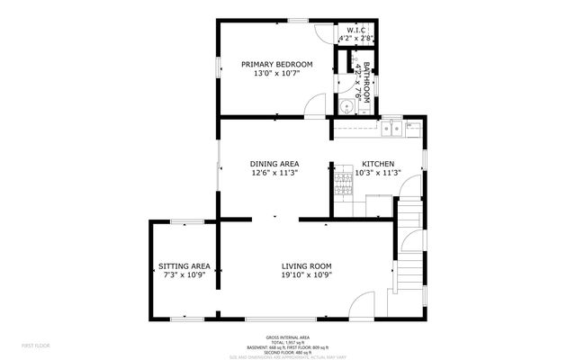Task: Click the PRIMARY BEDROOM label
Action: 276,64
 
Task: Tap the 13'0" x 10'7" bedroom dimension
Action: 276,74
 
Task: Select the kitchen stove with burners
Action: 343,184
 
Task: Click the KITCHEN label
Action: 376,163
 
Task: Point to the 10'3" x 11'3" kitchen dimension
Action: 376,173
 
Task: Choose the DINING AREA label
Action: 274,163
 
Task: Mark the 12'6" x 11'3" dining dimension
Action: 274,173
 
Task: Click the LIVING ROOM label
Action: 307,265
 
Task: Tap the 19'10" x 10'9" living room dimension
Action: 307,275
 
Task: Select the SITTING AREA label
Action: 184,265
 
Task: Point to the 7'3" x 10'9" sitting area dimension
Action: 184,275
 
